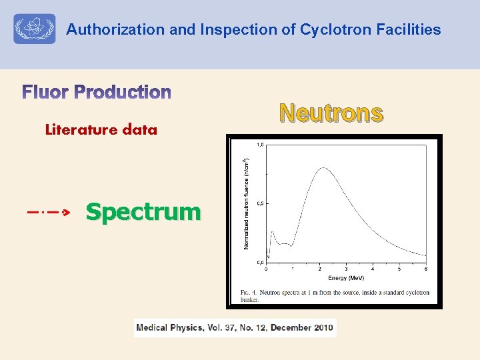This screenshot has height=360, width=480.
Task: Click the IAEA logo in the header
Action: coord(35,29)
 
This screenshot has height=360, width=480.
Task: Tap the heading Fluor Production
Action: coord(97,92)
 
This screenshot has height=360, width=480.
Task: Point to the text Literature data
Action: coord(101,130)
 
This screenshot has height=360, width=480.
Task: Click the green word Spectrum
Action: coord(143,212)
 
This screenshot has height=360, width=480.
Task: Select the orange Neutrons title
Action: coord(331,113)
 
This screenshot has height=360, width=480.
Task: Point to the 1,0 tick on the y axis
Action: coord(259,145)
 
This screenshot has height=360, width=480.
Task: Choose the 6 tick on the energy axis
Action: coord(425,269)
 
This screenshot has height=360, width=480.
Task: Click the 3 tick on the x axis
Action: coord(346,269)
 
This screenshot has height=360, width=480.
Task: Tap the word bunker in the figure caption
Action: coord(251,300)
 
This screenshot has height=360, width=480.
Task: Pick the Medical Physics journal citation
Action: coord(235,327)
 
